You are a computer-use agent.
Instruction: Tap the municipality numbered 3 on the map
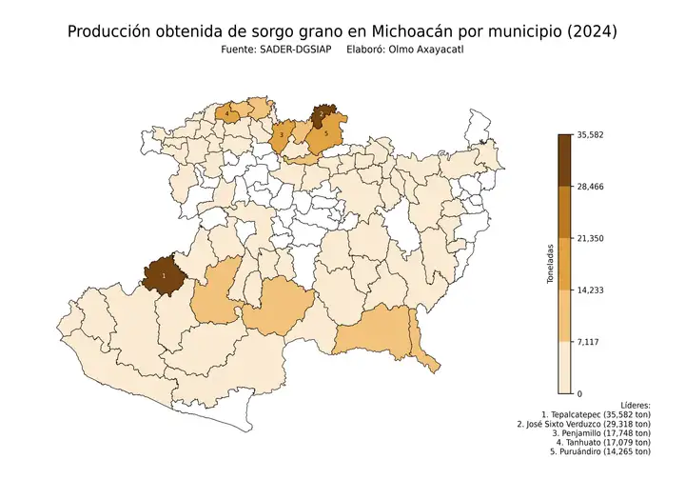(283, 136)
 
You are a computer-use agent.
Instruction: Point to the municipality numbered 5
(326, 135)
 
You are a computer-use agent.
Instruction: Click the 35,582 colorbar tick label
(591, 135)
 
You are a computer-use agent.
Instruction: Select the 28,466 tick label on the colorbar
(591, 187)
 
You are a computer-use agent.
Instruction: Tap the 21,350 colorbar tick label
(591, 238)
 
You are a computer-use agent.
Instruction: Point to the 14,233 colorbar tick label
(591, 290)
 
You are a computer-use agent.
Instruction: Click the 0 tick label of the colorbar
(579, 392)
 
